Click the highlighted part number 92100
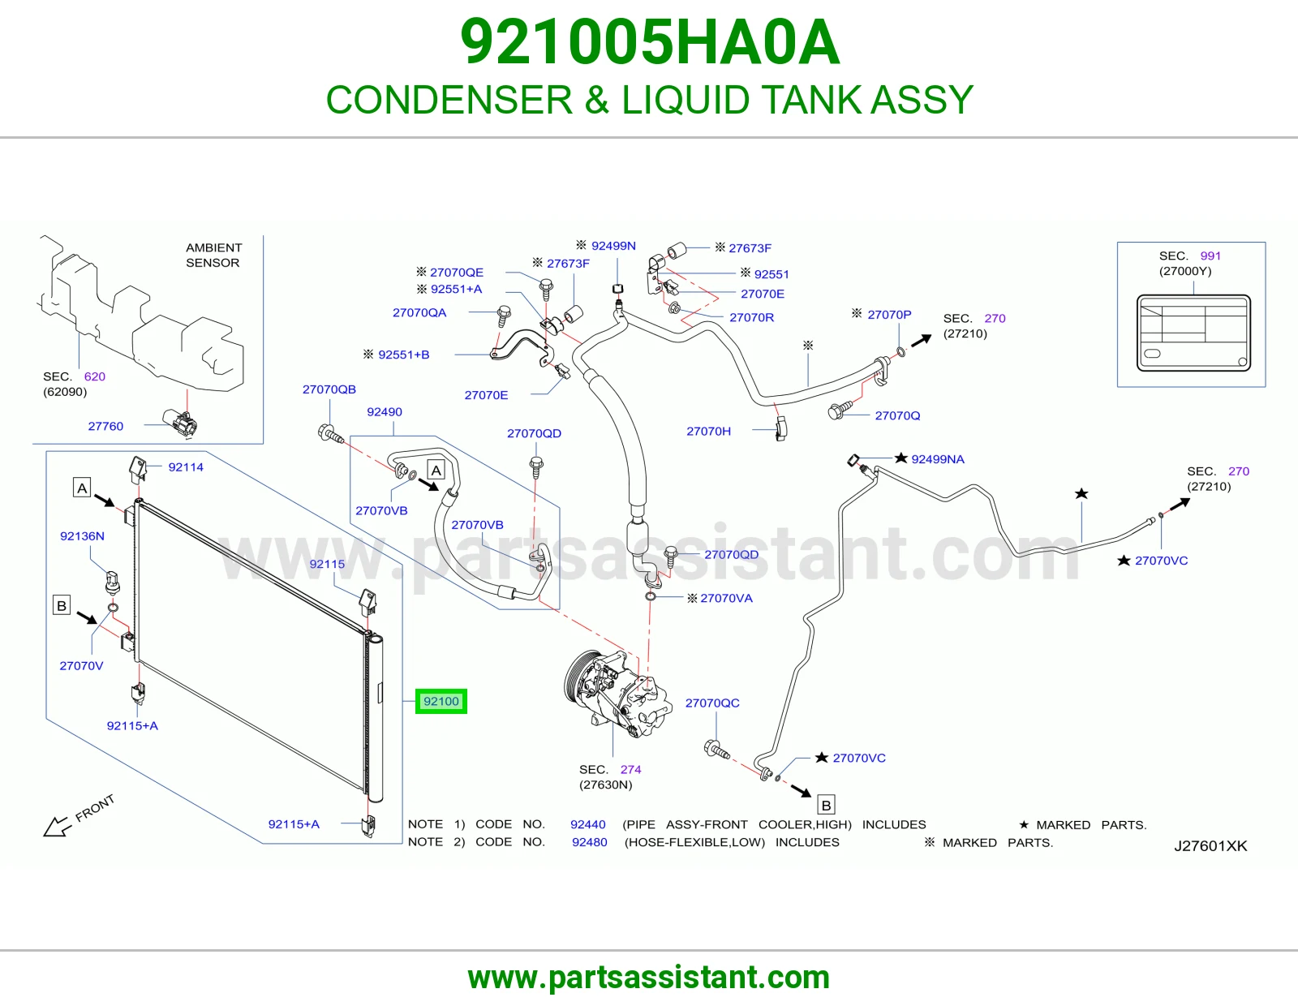coord(441,701)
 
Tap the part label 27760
coord(105,426)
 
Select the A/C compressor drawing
coord(617,694)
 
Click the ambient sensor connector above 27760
coord(180,423)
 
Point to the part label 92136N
coord(83,535)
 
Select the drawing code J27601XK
coord(1210,846)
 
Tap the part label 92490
coord(384,411)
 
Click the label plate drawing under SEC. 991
coord(1193,333)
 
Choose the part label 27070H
coord(708,431)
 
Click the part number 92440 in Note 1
coord(588,824)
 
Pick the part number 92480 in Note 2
coord(590,842)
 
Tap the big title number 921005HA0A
coord(650,42)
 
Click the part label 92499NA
coord(938,459)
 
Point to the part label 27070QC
coord(712,703)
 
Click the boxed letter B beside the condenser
coord(62,605)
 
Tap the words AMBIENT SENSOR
coord(213,255)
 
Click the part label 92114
coord(186,467)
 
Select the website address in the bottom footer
coord(649,978)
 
